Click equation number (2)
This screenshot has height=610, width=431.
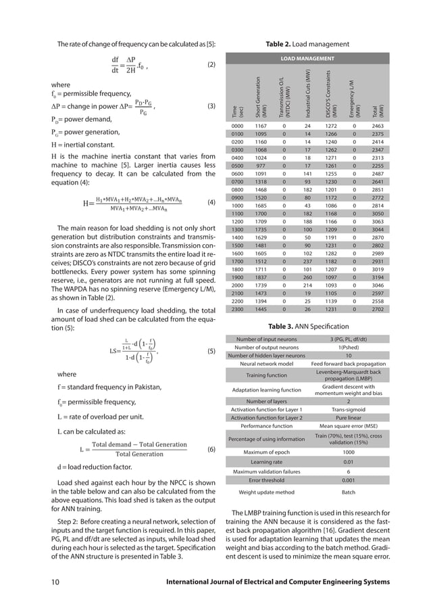click(210, 66)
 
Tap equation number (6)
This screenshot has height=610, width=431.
click(210, 448)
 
